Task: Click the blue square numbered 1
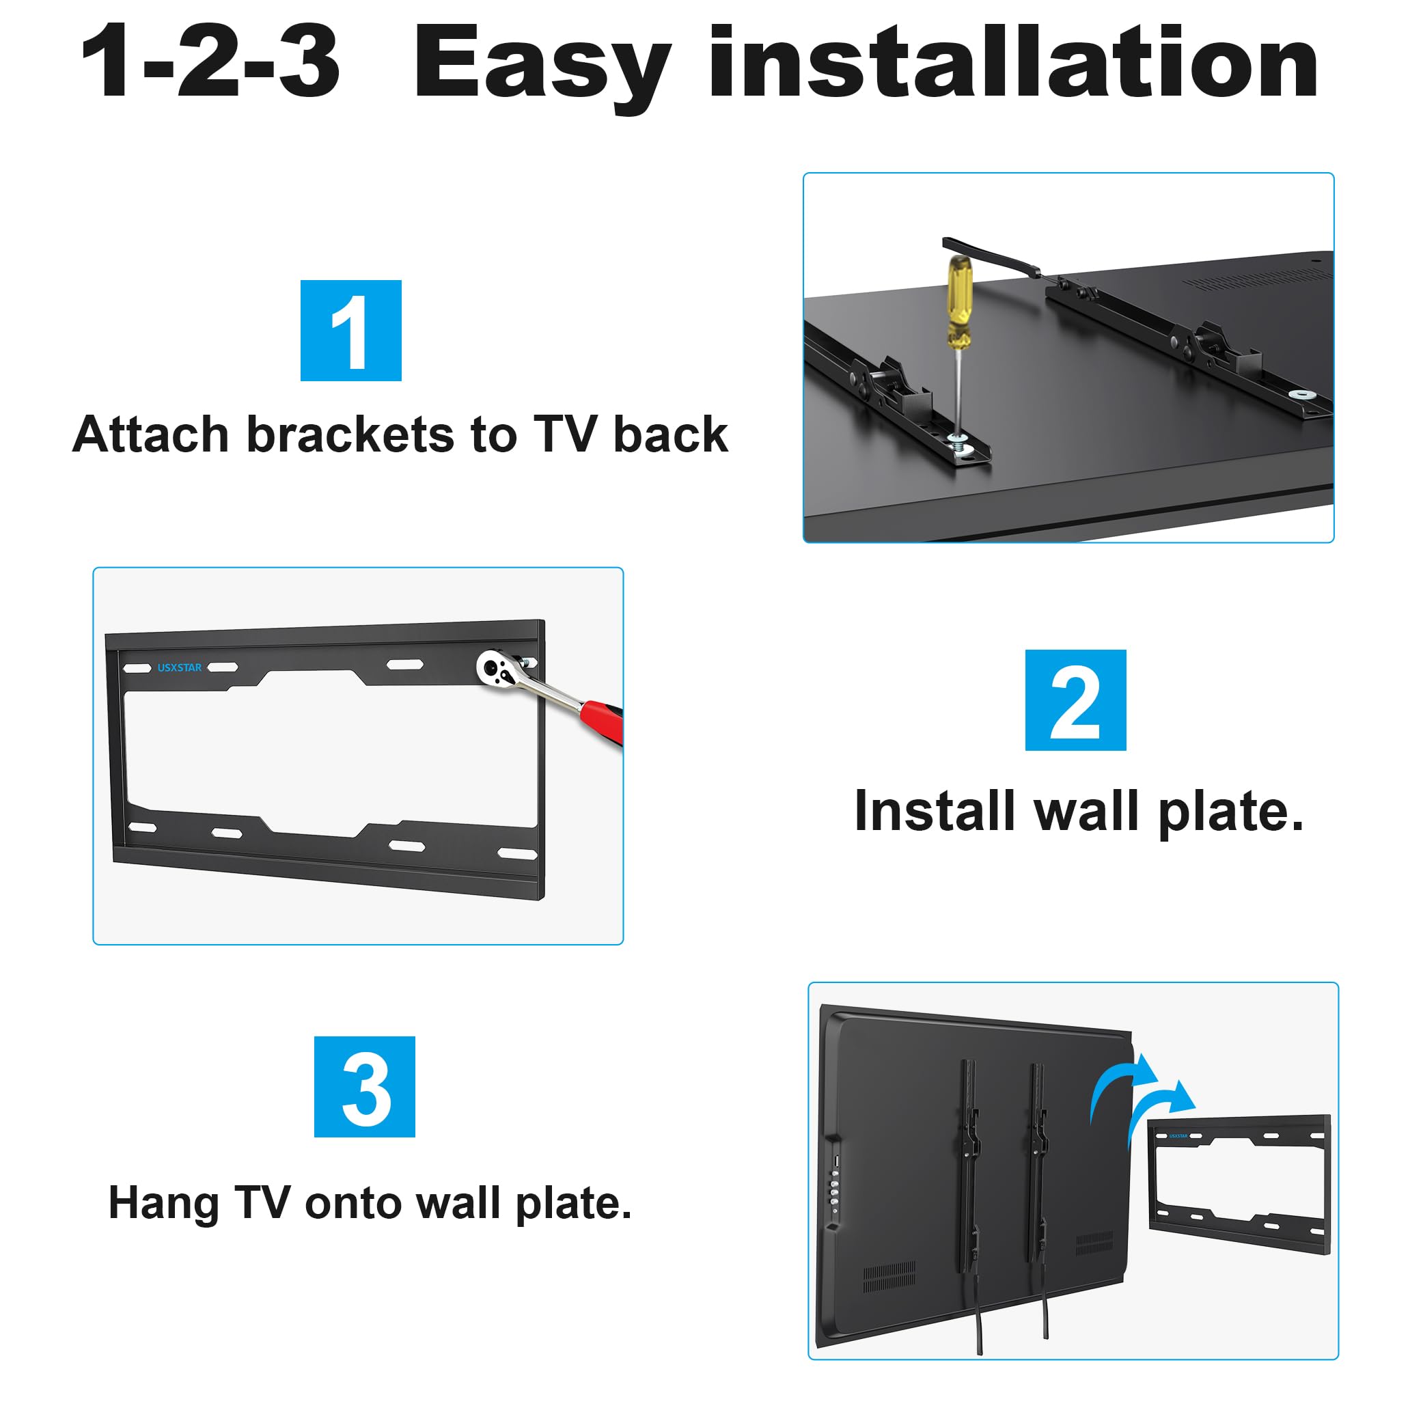pyautogui.click(x=350, y=330)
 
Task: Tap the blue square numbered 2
pyautogui.click(x=1075, y=700)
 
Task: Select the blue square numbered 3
pyautogui.click(x=365, y=1086)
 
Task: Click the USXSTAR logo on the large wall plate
pyautogui.click(x=179, y=667)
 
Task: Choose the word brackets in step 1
pyautogui.click(x=350, y=434)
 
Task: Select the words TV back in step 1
pyautogui.click(x=630, y=434)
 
